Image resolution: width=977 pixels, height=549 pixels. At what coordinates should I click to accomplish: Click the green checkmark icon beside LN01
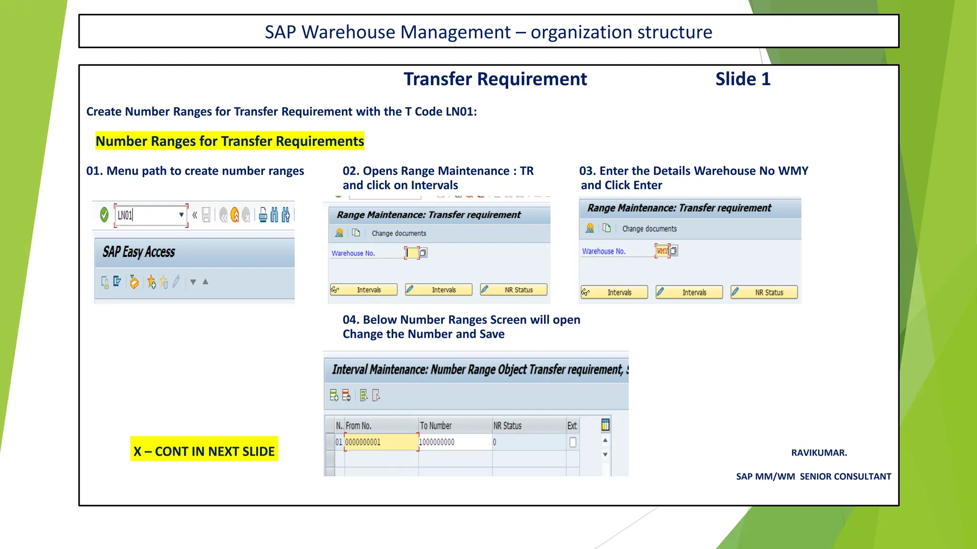click(x=104, y=215)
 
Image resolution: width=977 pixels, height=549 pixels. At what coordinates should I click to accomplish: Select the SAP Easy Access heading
click(x=139, y=252)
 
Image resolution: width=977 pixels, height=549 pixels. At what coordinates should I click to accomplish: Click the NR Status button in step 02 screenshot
click(x=514, y=290)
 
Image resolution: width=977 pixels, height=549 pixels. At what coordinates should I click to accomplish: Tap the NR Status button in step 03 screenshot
click(x=764, y=292)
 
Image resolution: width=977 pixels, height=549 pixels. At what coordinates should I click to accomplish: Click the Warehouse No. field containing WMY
click(x=662, y=251)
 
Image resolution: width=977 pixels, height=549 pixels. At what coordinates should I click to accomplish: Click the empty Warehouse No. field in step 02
click(x=412, y=253)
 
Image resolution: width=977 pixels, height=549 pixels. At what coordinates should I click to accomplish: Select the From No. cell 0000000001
click(x=381, y=442)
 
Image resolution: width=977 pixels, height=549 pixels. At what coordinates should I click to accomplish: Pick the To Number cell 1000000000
click(x=455, y=442)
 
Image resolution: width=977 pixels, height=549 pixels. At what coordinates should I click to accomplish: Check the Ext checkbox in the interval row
click(x=572, y=442)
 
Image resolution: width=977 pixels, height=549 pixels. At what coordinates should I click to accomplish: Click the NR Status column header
click(x=508, y=426)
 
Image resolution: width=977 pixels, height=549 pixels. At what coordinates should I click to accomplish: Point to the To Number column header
click(x=436, y=426)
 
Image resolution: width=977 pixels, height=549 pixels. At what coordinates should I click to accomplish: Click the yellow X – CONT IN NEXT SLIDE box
click(x=204, y=450)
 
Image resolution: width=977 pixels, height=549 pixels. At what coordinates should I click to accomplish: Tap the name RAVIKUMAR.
click(x=819, y=453)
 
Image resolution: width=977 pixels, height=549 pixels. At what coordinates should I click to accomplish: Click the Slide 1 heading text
click(x=743, y=79)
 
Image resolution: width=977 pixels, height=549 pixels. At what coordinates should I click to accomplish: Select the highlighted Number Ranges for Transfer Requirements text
click(x=230, y=141)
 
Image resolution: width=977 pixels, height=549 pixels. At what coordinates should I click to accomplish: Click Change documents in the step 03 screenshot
click(x=649, y=229)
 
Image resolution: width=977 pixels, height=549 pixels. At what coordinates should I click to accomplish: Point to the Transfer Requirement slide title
click(x=495, y=79)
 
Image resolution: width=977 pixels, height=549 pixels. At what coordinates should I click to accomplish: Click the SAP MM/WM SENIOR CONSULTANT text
click(x=813, y=477)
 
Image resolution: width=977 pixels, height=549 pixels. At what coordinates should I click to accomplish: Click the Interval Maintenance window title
click(x=477, y=370)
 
